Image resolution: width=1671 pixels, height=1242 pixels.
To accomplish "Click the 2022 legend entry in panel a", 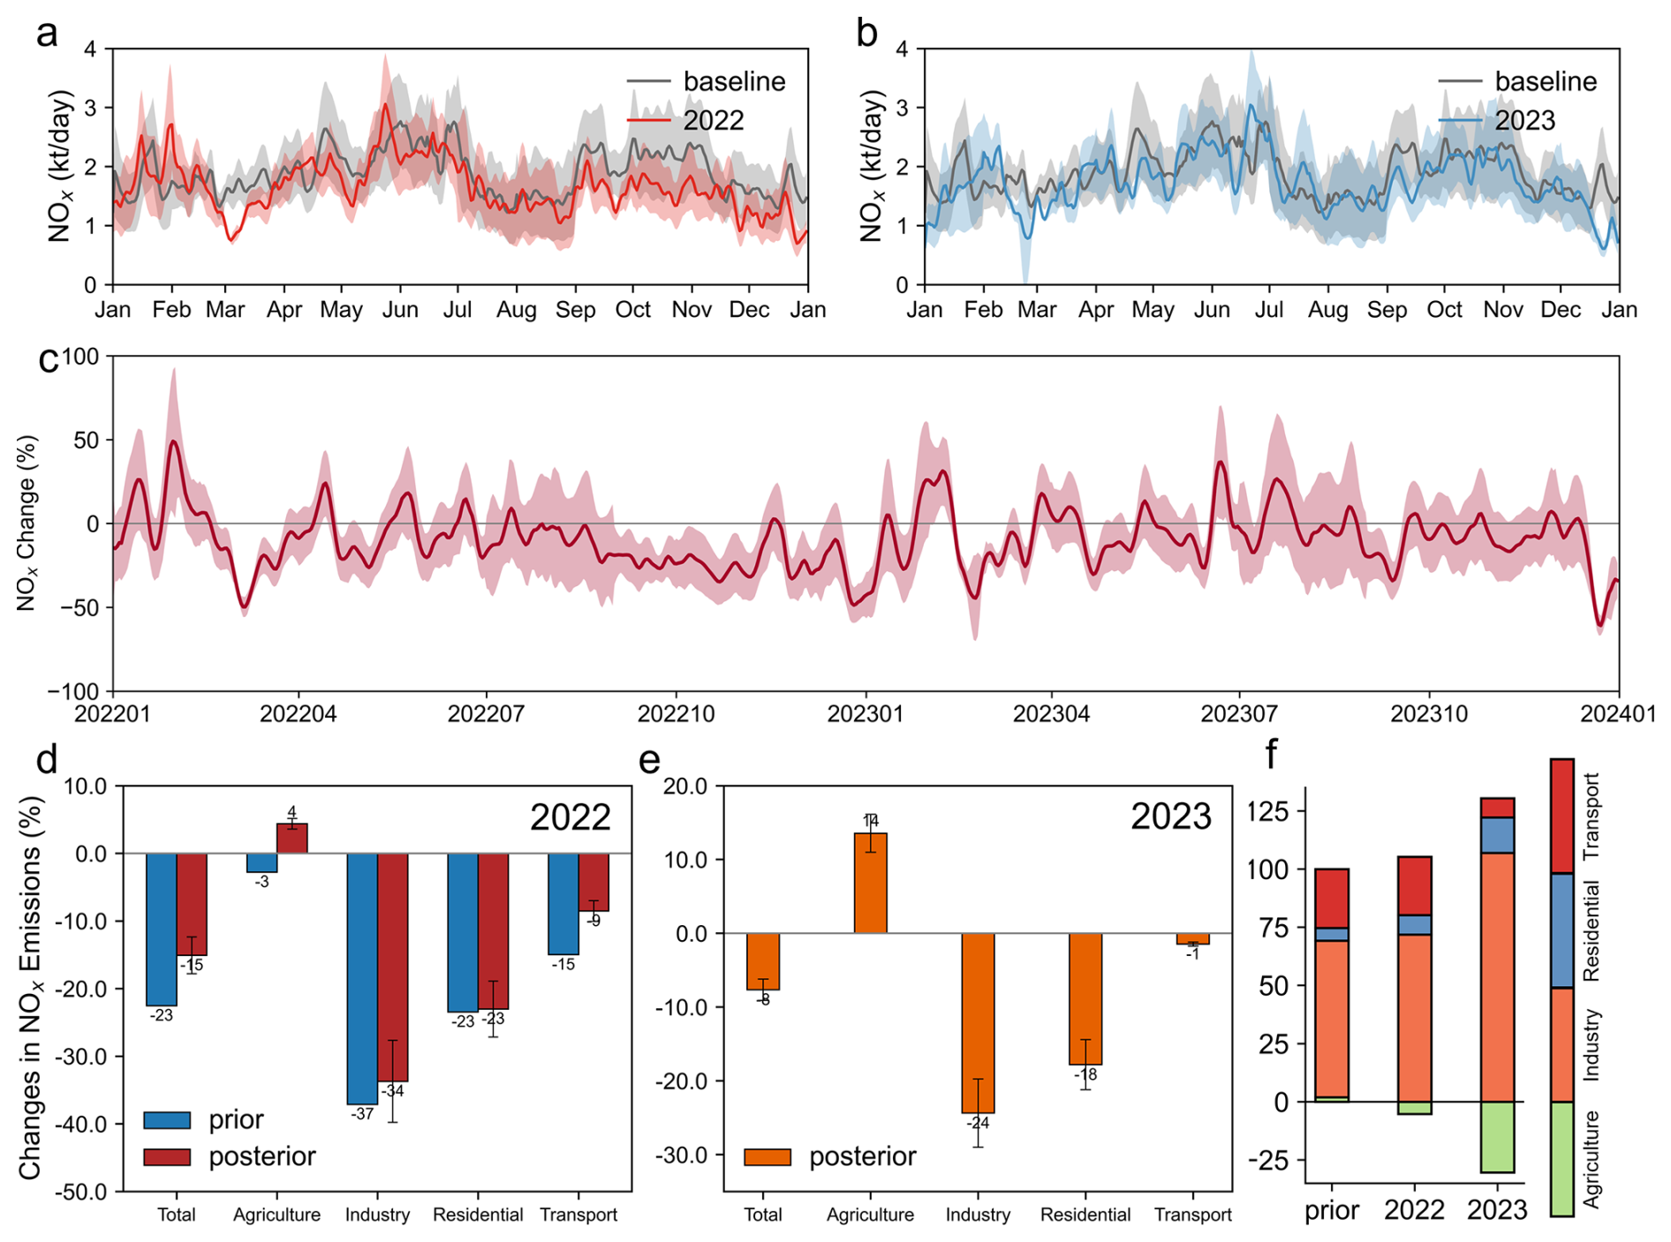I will point(713,120).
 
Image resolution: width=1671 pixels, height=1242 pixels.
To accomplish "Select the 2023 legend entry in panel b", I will point(1524,120).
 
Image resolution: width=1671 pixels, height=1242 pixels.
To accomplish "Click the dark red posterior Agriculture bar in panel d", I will point(292,839).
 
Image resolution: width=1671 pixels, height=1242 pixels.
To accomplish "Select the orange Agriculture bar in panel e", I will point(870,883).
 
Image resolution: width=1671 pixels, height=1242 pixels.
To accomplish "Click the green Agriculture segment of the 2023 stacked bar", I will point(1497,1137).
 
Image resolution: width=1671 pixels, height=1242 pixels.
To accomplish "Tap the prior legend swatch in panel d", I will point(167,1120).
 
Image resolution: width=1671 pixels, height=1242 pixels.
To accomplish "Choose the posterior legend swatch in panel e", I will point(767,1156).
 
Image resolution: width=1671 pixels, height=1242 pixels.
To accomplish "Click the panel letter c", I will point(49,359).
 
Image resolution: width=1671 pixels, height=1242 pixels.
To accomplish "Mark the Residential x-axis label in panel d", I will point(478,1215).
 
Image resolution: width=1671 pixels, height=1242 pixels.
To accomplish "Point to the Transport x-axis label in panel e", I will point(1192,1215).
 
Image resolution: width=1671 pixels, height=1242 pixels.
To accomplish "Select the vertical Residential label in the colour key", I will point(1591,930).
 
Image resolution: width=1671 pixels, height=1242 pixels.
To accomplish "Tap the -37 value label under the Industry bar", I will point(362,1114).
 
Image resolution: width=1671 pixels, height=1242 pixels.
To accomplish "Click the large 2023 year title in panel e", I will point(1170,817).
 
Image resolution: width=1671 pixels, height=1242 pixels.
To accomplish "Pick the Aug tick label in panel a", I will point(516,310).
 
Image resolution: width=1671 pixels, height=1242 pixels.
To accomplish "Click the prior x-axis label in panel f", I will point(1331,1209).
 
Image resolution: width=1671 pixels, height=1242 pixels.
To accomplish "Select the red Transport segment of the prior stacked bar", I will point(1331,898).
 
